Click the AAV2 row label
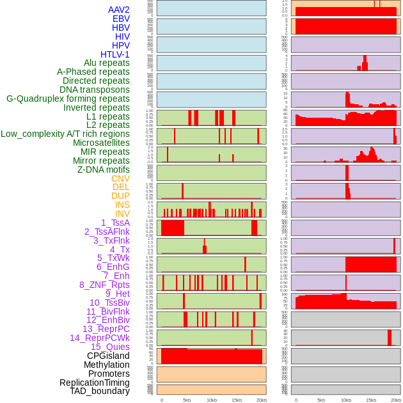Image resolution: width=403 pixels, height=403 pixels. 118,10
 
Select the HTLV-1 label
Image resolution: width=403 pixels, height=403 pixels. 115,54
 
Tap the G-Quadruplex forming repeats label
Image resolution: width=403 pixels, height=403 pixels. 68,99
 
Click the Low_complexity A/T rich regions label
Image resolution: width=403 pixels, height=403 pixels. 65,134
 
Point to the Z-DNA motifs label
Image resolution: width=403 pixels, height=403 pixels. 104,170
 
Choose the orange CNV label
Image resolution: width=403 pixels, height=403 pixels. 120,178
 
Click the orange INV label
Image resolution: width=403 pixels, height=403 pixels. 122,214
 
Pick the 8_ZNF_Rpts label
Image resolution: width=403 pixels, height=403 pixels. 104,285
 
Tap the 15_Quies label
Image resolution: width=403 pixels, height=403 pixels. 110,347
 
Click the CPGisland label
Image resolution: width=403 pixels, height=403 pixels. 108,356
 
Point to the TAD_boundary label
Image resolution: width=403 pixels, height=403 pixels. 100,391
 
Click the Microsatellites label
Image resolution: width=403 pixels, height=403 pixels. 101,143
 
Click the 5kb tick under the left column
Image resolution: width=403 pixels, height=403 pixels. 187,400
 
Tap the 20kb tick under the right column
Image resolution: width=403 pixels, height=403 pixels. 395,400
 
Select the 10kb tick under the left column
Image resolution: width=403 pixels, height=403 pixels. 212,400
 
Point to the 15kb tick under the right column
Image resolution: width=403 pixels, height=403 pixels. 371,400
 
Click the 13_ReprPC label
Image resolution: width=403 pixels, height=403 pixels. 106,329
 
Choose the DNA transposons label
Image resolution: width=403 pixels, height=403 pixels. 95,90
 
